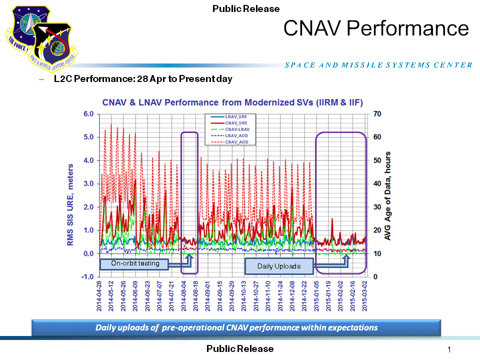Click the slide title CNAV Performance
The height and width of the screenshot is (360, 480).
[x=376, y=28]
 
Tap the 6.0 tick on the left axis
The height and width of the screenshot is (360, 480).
[x=88, y=114]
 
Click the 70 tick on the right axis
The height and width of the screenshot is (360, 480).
[x=377, y=114]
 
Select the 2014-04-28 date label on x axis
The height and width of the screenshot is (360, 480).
[x=99, y=296]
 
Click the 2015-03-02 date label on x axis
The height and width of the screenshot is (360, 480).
[x=365, y=296]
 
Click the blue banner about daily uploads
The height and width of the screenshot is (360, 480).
[x=236, y=328]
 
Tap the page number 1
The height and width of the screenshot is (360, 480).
[x=449, y=349]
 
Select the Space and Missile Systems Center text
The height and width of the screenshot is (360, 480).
[x=378, y=65]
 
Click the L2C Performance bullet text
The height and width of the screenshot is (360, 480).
[x=143, y=79]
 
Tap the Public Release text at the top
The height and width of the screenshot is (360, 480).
[x=246, y=8]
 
